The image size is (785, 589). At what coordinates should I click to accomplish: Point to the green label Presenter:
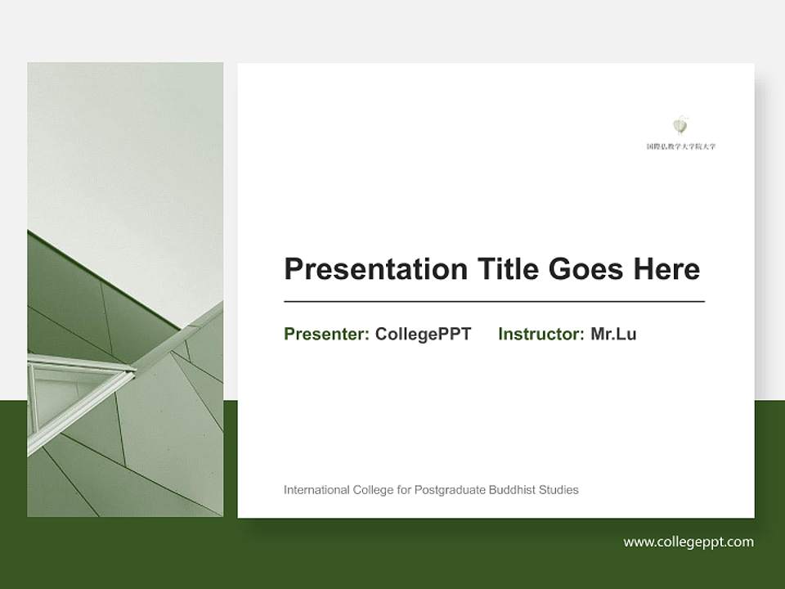click(x=326, y=334)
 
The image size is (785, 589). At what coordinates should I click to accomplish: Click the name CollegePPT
click(x=423, y=334)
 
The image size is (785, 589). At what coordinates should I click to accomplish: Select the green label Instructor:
click(x=541, y=334)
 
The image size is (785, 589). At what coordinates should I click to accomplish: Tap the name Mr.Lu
click(x=613, y=334)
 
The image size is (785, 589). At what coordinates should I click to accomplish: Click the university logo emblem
click(x=680, y=125)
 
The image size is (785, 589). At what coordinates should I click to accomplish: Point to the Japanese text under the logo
click(x=680, y=146)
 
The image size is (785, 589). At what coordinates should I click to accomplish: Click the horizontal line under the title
click(x=494, y=302)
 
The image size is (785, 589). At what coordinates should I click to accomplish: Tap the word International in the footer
click(x=314, y=490)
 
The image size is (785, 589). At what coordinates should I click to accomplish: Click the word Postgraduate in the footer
click(x=450, y=490)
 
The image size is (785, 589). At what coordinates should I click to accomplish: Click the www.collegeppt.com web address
click(x=689, y=542)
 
